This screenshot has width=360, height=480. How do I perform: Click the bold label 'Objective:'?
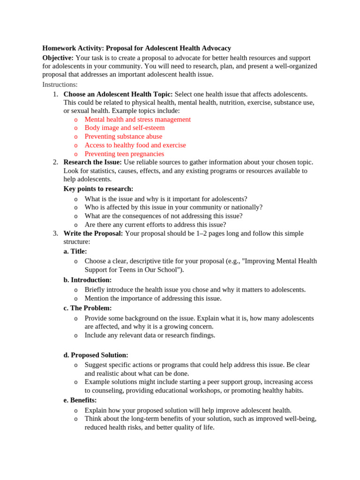coord(58,57)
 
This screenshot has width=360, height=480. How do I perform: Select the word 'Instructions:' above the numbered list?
coord(60,84)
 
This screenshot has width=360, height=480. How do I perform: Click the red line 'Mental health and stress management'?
coord(137,119)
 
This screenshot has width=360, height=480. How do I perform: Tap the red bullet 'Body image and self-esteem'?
coord(125,127)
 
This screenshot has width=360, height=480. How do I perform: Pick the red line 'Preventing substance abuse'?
coord(123,136)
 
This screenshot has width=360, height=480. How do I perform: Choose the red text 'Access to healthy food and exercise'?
coord(135,145)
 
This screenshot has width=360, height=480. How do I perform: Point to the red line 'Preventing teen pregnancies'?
coord(124,154)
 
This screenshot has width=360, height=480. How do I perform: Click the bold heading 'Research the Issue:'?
coord(92,162)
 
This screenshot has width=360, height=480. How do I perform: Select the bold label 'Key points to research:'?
coord(98,189)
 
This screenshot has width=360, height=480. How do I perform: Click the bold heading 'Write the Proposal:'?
coord(93,233)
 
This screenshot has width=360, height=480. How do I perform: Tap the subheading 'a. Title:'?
coord(75,251)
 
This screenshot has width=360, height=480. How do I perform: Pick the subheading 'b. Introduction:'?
coord(88,280)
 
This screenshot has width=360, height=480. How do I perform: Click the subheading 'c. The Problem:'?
coord(88,308)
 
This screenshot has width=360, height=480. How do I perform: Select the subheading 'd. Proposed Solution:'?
coord(96,355)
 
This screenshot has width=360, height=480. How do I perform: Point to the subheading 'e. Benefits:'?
coord(80,400)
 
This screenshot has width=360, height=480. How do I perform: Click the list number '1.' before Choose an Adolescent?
coord(55,94)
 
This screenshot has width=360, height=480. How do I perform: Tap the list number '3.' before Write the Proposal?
coord(55,233)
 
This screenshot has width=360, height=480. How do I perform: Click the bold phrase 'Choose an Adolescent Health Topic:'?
coord(118,94)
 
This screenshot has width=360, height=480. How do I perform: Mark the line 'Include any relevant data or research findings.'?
coord(150,335)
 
